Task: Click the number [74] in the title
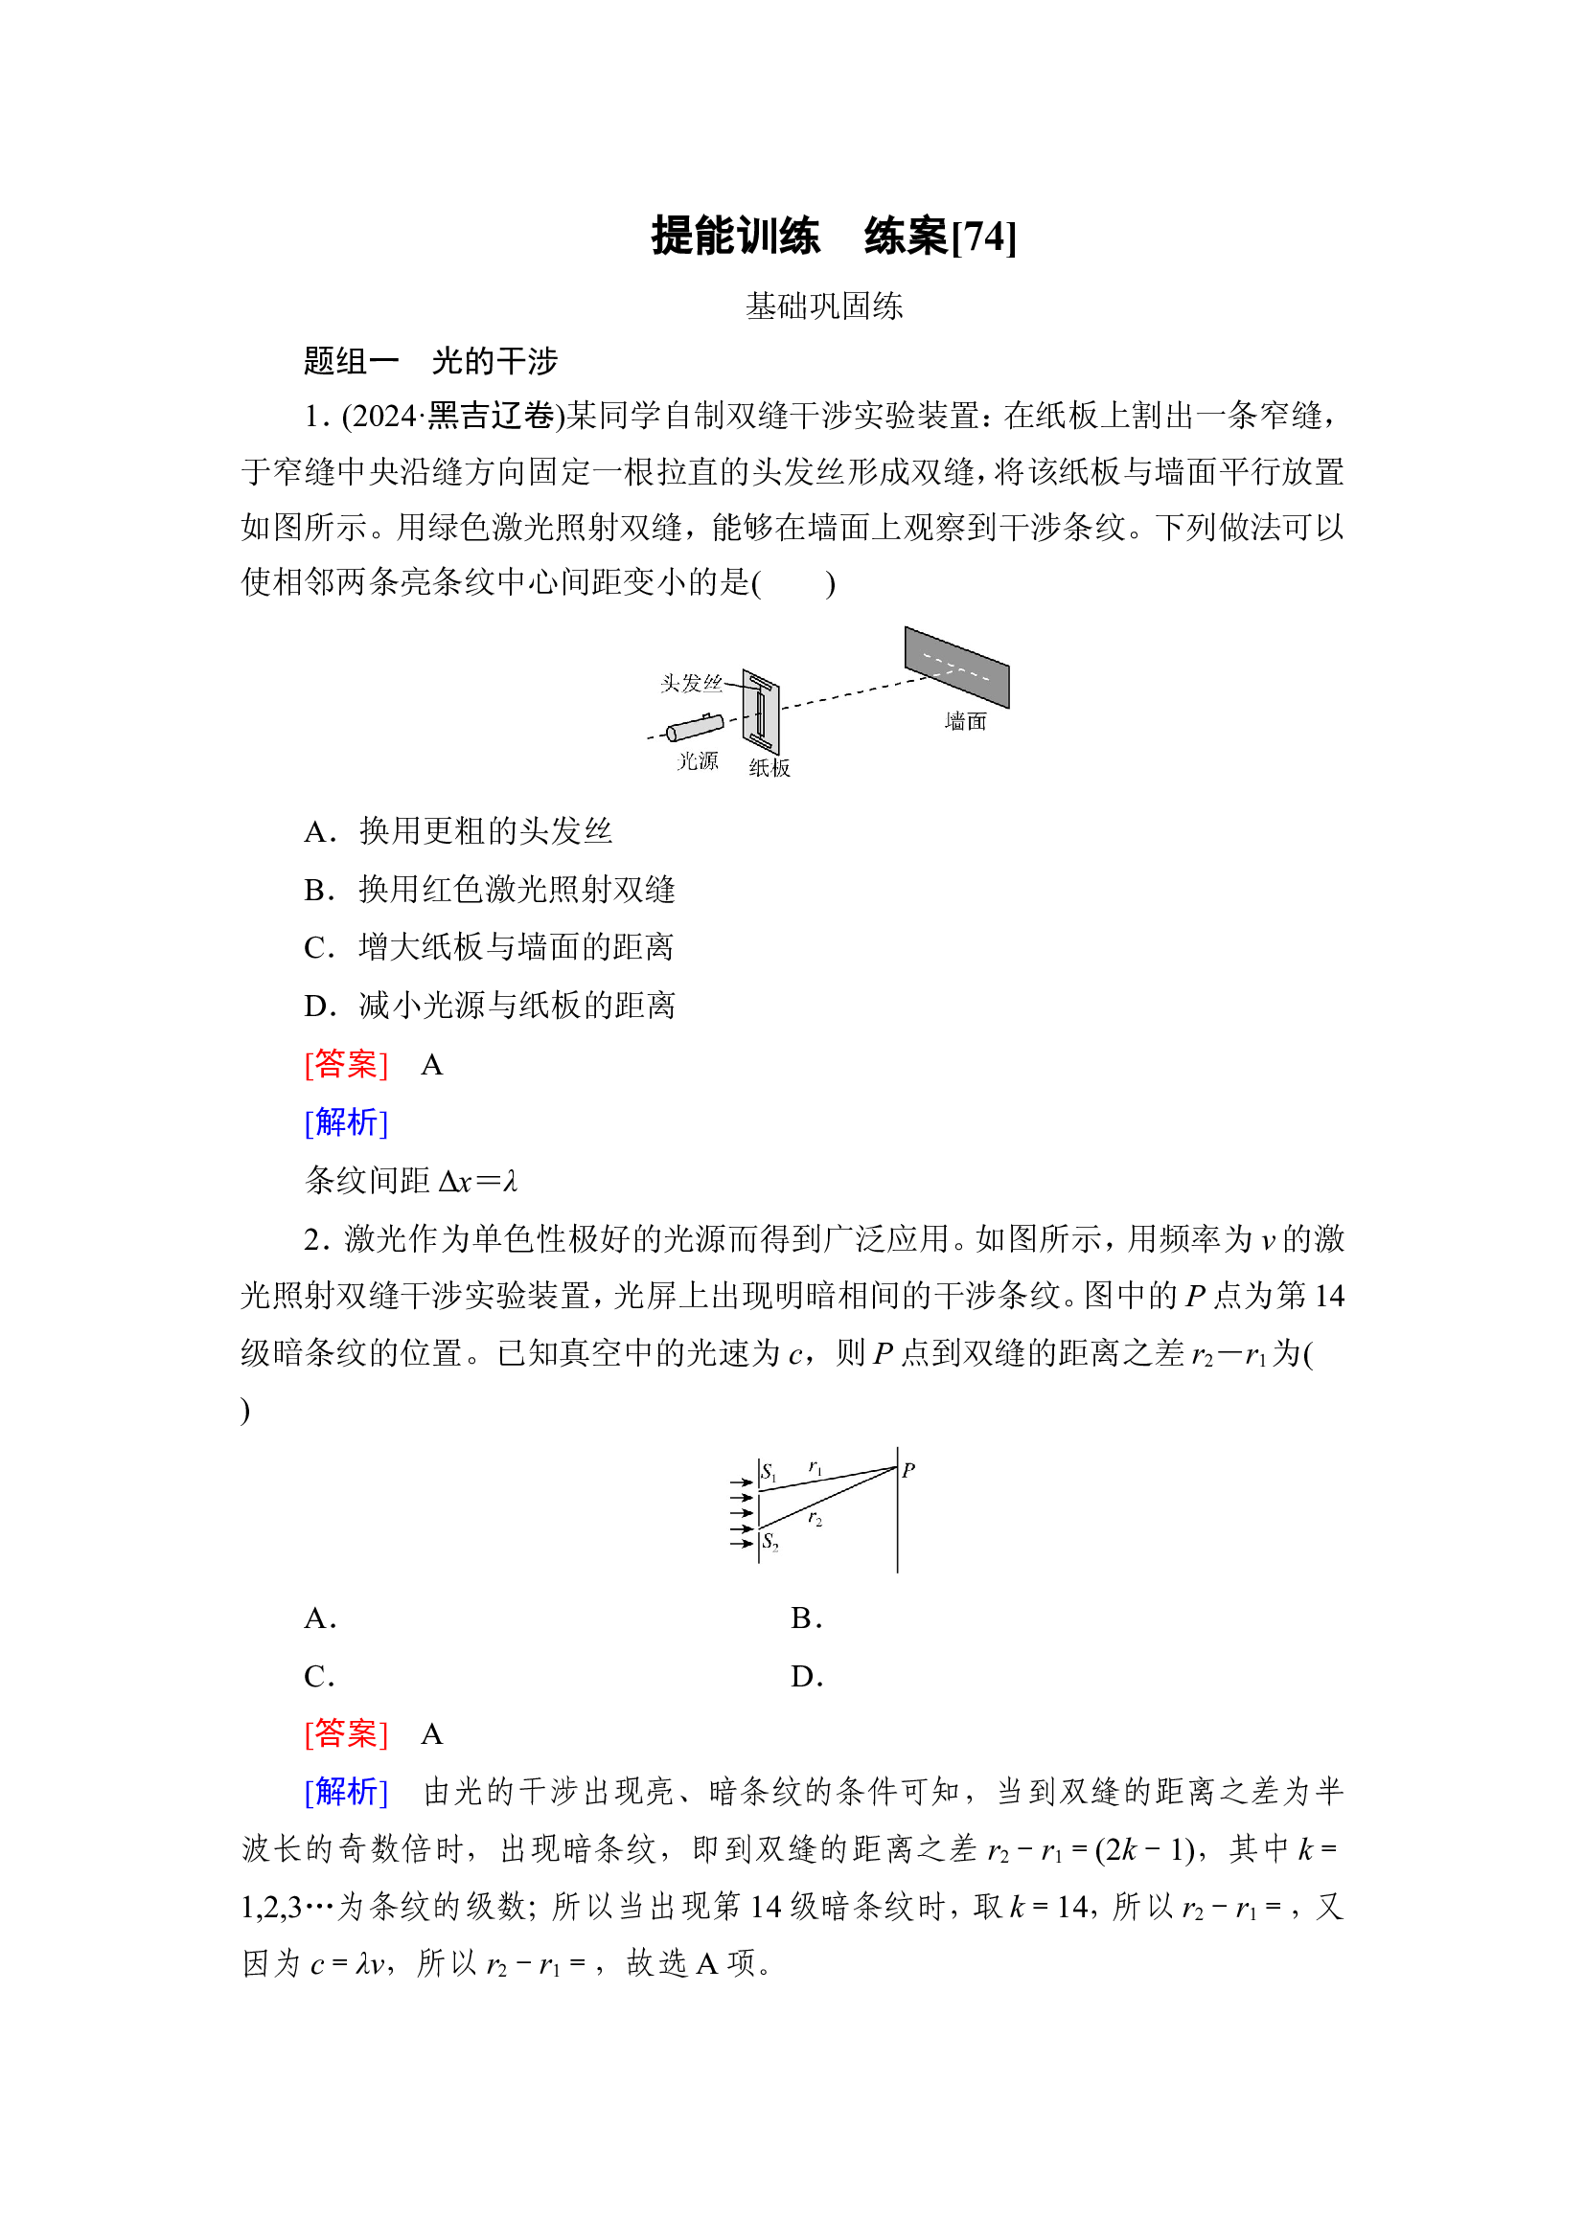[x=984, y=238]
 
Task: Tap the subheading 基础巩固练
[x=824, y=306]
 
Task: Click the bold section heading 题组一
[x=352, y=361]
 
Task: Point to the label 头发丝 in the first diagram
[x=691, y=683]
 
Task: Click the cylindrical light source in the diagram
[x=695, y=728]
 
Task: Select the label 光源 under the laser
[x=698, y=761]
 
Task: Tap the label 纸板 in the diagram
[x=770, y=768]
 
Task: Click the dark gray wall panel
[x=956, y=667]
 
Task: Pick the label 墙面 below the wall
[x=965, y=721]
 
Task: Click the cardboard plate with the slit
[x=760, y=712]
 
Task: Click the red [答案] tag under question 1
[x=347, y=1064]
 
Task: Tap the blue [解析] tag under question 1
[x=347, y=1123]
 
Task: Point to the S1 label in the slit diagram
[x=770, y=1472]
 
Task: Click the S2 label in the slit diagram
[x=770, y=1542]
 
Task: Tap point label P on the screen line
[x=908, y=1469]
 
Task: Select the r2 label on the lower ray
[x=815, y=1518]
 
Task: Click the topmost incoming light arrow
[x=743, y=1482]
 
